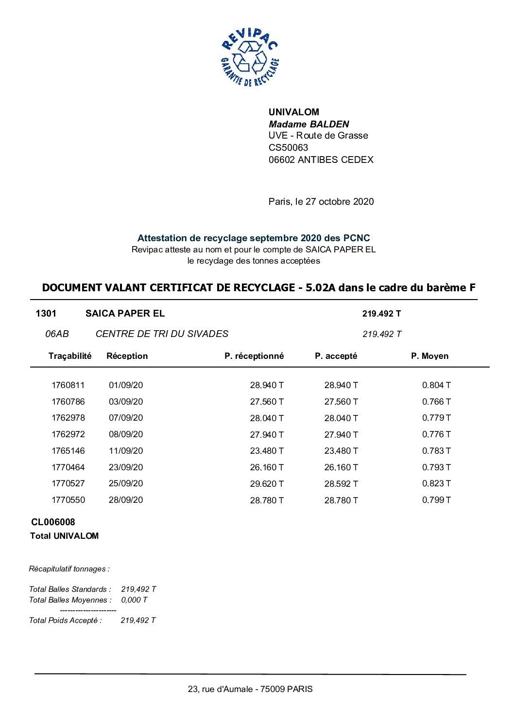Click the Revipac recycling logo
pyautogui.click(x=250, y=57)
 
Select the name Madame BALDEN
pyautogui.click(x=308, y=124)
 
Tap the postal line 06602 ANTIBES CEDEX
pyautogui.click(x=321, y=160)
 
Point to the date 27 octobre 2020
pyautogui.click(x=340, y=201)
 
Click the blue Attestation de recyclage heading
pyautogui.click(x=253, y=238)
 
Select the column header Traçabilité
pyautogui.click(x=69, y=356)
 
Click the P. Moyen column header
pyautogui.click(x=429, y=356)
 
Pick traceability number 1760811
pyautogui.click(x=68, y=385)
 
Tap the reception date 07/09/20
pyautogui.click(x=126, y=418)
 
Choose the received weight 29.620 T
pyautogui.click(x=267, y=484)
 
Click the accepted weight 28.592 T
pyautogui.click(x=341, y=484)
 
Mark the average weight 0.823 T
pyautogui.click(x=436, y=483)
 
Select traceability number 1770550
pyautogui.click(x=68, y=500)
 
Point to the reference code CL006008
pyautogui.click(x=53, y=522)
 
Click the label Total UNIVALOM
pyautogui.click(x=64, y=536)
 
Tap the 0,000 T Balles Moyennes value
pyautogui.click(x=134, y=600)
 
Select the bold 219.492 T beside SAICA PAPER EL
pyautogui.click(x=381, y=314)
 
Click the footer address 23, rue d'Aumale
pyautogui.click(x=250, y=689)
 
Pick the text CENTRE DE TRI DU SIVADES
pyautogui.click(x=162, y=334)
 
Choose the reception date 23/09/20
pyautogui.click(x=126, y=467)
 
